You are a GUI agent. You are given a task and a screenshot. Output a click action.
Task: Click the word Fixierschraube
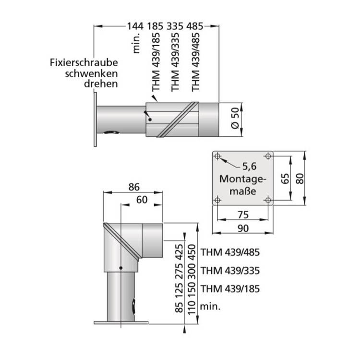84,63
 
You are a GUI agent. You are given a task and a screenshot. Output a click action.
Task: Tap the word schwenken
91,74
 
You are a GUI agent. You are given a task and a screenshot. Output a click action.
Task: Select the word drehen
101,84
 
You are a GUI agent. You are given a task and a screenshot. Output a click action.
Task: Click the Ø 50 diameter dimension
235,119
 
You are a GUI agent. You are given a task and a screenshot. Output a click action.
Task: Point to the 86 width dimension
134,187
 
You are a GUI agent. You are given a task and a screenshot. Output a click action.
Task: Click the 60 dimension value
142,200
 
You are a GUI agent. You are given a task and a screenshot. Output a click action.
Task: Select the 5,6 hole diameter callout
250,167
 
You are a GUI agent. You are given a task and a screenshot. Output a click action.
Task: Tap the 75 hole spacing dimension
243,215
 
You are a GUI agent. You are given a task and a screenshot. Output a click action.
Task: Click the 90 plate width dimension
243,228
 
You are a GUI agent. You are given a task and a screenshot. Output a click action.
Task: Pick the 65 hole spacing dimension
285,179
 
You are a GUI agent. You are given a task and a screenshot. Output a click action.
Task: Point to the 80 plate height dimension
300,179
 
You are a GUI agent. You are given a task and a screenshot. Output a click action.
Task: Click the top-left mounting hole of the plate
217,156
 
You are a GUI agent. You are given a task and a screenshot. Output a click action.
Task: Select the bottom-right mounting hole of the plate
268,200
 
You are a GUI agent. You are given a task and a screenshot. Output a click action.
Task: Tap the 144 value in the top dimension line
135,26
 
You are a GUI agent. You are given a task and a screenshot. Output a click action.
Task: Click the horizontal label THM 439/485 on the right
230,252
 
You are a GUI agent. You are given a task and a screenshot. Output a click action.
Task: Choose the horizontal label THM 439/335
230,271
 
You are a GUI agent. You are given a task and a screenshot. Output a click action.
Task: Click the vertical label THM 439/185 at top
156,62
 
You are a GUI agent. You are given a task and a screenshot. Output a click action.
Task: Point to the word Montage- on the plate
242,179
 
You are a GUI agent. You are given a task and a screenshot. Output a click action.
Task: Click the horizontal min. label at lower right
210,307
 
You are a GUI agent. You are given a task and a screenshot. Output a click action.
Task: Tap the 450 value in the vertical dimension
192,251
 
